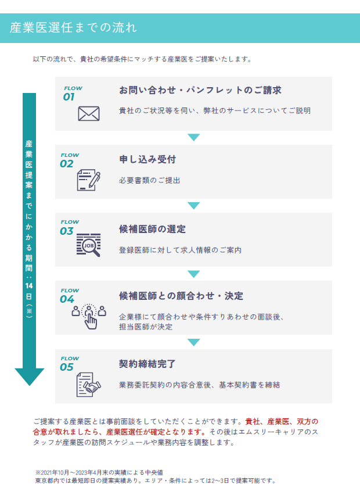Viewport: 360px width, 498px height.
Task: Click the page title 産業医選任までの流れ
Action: point(73,27)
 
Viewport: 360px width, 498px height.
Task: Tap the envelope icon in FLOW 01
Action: point(89,113)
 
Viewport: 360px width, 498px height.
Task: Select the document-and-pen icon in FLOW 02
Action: point(89,181)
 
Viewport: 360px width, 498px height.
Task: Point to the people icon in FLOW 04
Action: point(89,313)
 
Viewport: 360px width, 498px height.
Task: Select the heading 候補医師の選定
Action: point(152,229)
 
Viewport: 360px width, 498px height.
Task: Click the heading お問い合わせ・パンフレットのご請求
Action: point(200,91)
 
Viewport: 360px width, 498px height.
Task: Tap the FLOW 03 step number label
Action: point(69,228)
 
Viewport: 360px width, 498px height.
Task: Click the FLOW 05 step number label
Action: point(69,364)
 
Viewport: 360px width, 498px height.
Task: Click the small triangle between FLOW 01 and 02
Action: point(193,137)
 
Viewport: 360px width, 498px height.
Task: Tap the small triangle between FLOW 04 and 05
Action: point(193,342)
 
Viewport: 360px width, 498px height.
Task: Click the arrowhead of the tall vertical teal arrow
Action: point(29,377)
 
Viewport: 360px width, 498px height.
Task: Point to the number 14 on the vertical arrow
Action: point(29,285)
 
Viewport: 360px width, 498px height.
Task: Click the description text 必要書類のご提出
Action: point(149,180)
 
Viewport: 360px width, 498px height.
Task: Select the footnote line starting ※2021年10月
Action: point(99,472)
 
